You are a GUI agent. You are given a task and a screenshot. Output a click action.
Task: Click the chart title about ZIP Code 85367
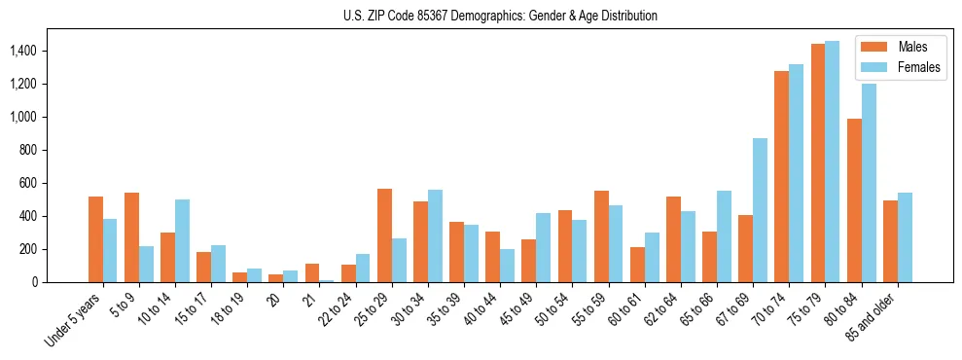tap(500, 16)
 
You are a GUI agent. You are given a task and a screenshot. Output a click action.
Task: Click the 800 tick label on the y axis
tap(28, 150)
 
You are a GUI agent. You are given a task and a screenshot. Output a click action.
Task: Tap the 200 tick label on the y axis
tap(28, 249)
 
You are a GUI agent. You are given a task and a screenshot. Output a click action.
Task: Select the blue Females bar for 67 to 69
tap(760, 210)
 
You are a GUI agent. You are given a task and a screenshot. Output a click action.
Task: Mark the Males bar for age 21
tap(312, 272)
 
